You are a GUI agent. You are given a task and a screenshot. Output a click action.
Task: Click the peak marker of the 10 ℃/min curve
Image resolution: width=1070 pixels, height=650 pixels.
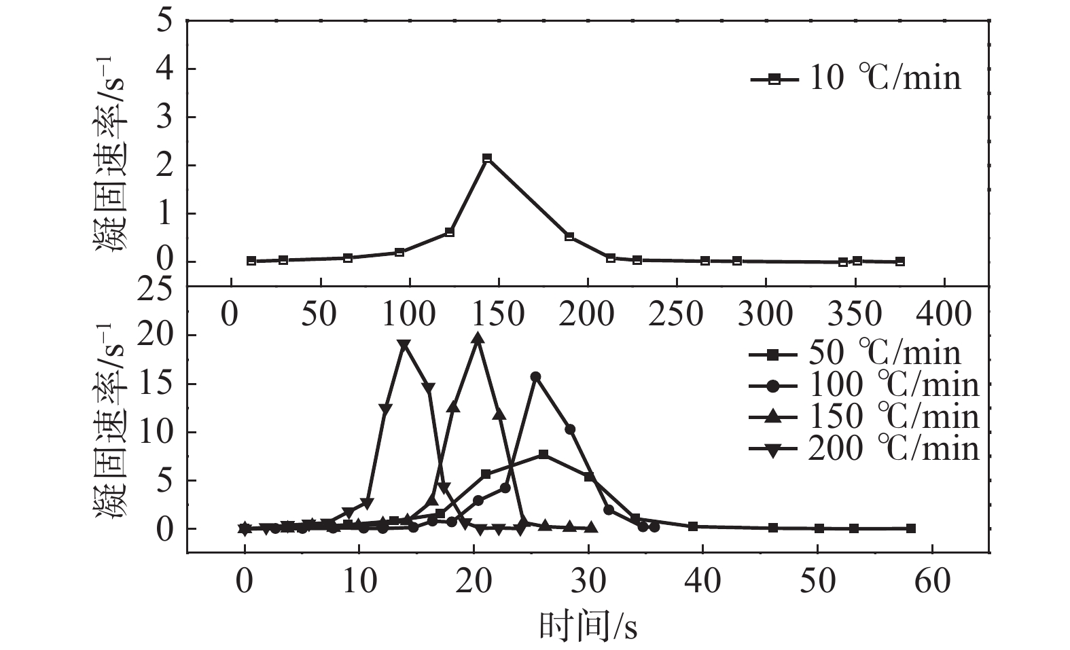pos(486,158)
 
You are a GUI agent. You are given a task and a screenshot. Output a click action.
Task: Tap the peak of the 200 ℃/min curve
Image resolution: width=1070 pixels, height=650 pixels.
pos(405,345)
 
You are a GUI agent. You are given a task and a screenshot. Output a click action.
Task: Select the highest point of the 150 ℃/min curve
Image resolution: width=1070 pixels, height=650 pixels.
pos(478,338)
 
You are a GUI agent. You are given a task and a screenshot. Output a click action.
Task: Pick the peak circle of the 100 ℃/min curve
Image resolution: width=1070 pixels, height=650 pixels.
pos(535,376)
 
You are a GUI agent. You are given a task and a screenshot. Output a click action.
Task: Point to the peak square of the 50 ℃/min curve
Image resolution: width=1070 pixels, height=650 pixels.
pos(543,454)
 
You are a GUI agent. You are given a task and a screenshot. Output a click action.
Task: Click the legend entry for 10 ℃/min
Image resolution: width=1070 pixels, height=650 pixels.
pos(856,79)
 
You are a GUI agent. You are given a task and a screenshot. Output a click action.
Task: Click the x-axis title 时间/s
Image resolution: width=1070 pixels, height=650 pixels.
pos(588,626)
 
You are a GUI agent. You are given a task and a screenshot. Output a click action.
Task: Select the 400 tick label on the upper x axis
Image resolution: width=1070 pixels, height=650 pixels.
pos(944,314)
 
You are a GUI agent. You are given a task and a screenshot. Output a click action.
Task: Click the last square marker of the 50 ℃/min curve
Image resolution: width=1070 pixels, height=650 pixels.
pos(911,528)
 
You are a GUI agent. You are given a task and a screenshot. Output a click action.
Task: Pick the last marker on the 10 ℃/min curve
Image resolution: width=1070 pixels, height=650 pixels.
pos(900,261)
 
